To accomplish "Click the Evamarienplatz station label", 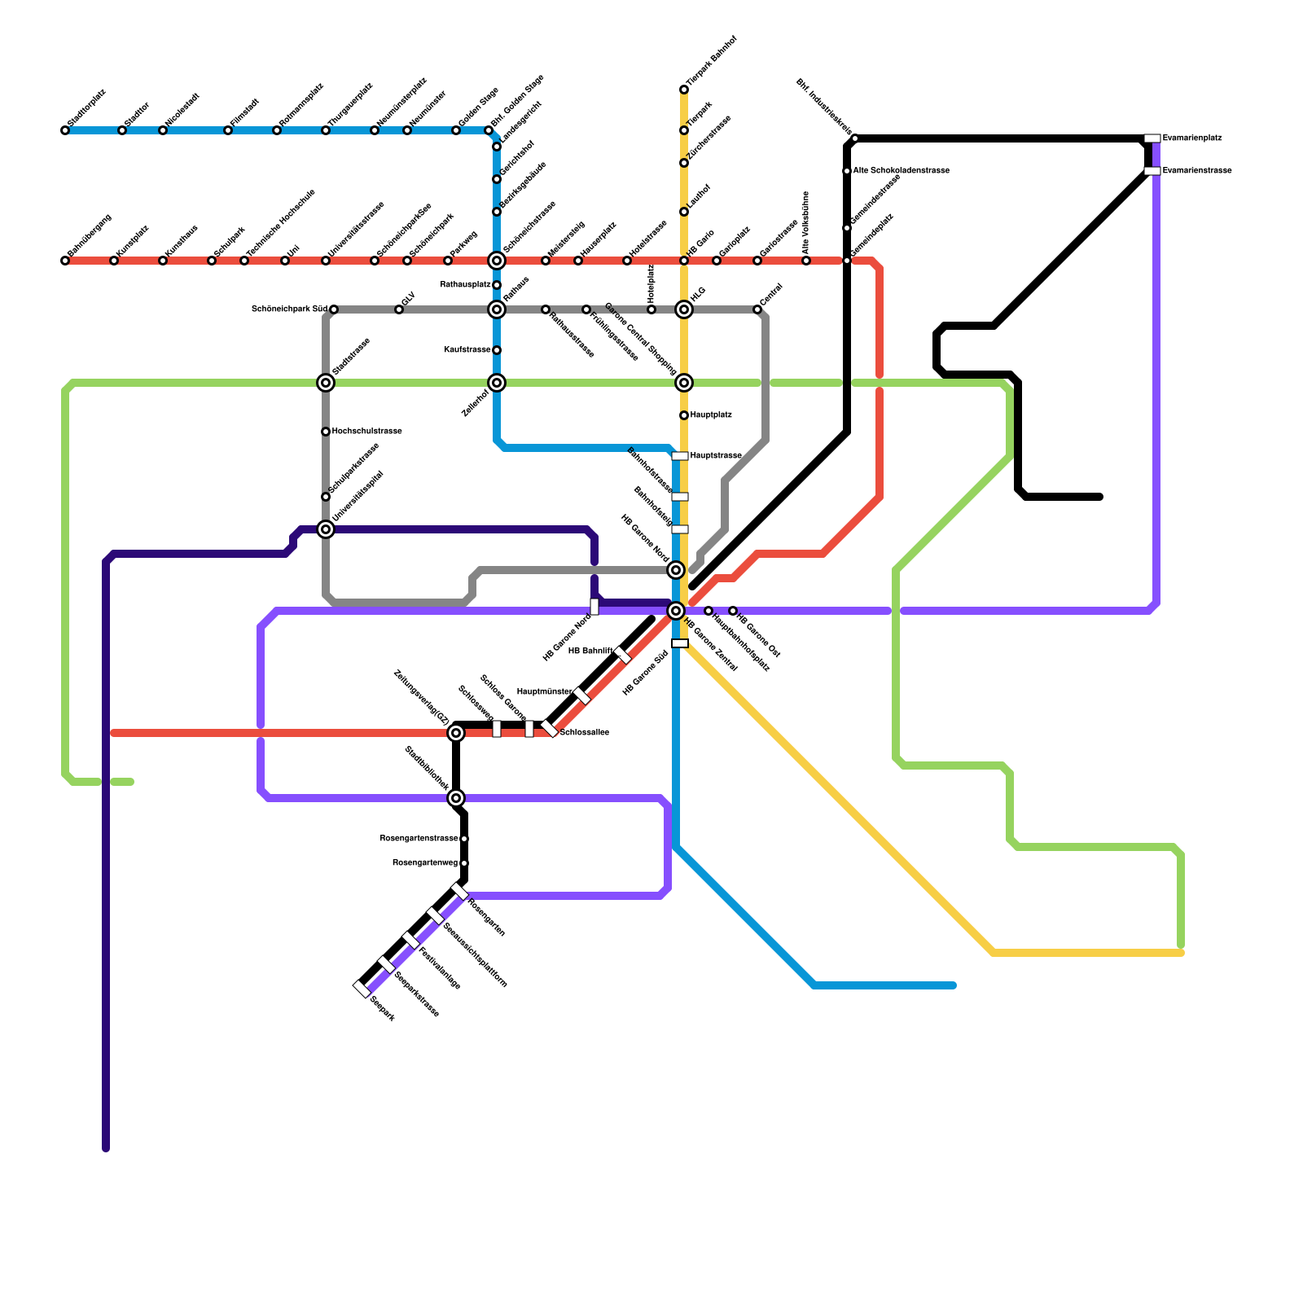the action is coord(1191,138).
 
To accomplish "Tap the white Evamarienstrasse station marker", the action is coord(1152,171).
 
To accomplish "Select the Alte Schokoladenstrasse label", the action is coord(901,171).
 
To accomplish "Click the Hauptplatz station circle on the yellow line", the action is coord(684,415).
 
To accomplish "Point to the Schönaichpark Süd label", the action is coord(289,309).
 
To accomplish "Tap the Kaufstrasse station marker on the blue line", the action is coord(497,350).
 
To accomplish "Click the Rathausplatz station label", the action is coord(465,285).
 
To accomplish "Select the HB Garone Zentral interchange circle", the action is coord(676,611).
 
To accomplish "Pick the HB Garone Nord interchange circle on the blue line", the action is coord(676,570).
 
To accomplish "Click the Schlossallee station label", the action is coord(584,733).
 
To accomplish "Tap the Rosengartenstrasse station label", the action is coord(419,839).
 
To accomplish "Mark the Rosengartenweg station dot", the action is coord(464,863).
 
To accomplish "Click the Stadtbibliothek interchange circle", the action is coord(456,798).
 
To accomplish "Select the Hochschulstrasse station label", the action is coord(366,432).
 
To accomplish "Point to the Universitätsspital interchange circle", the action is coord(326,529).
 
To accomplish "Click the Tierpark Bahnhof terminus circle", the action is coord(684,90).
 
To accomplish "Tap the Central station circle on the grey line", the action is coord(757,309).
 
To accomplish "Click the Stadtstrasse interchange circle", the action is coord(326,383).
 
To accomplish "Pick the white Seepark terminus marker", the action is coord(362,989).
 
